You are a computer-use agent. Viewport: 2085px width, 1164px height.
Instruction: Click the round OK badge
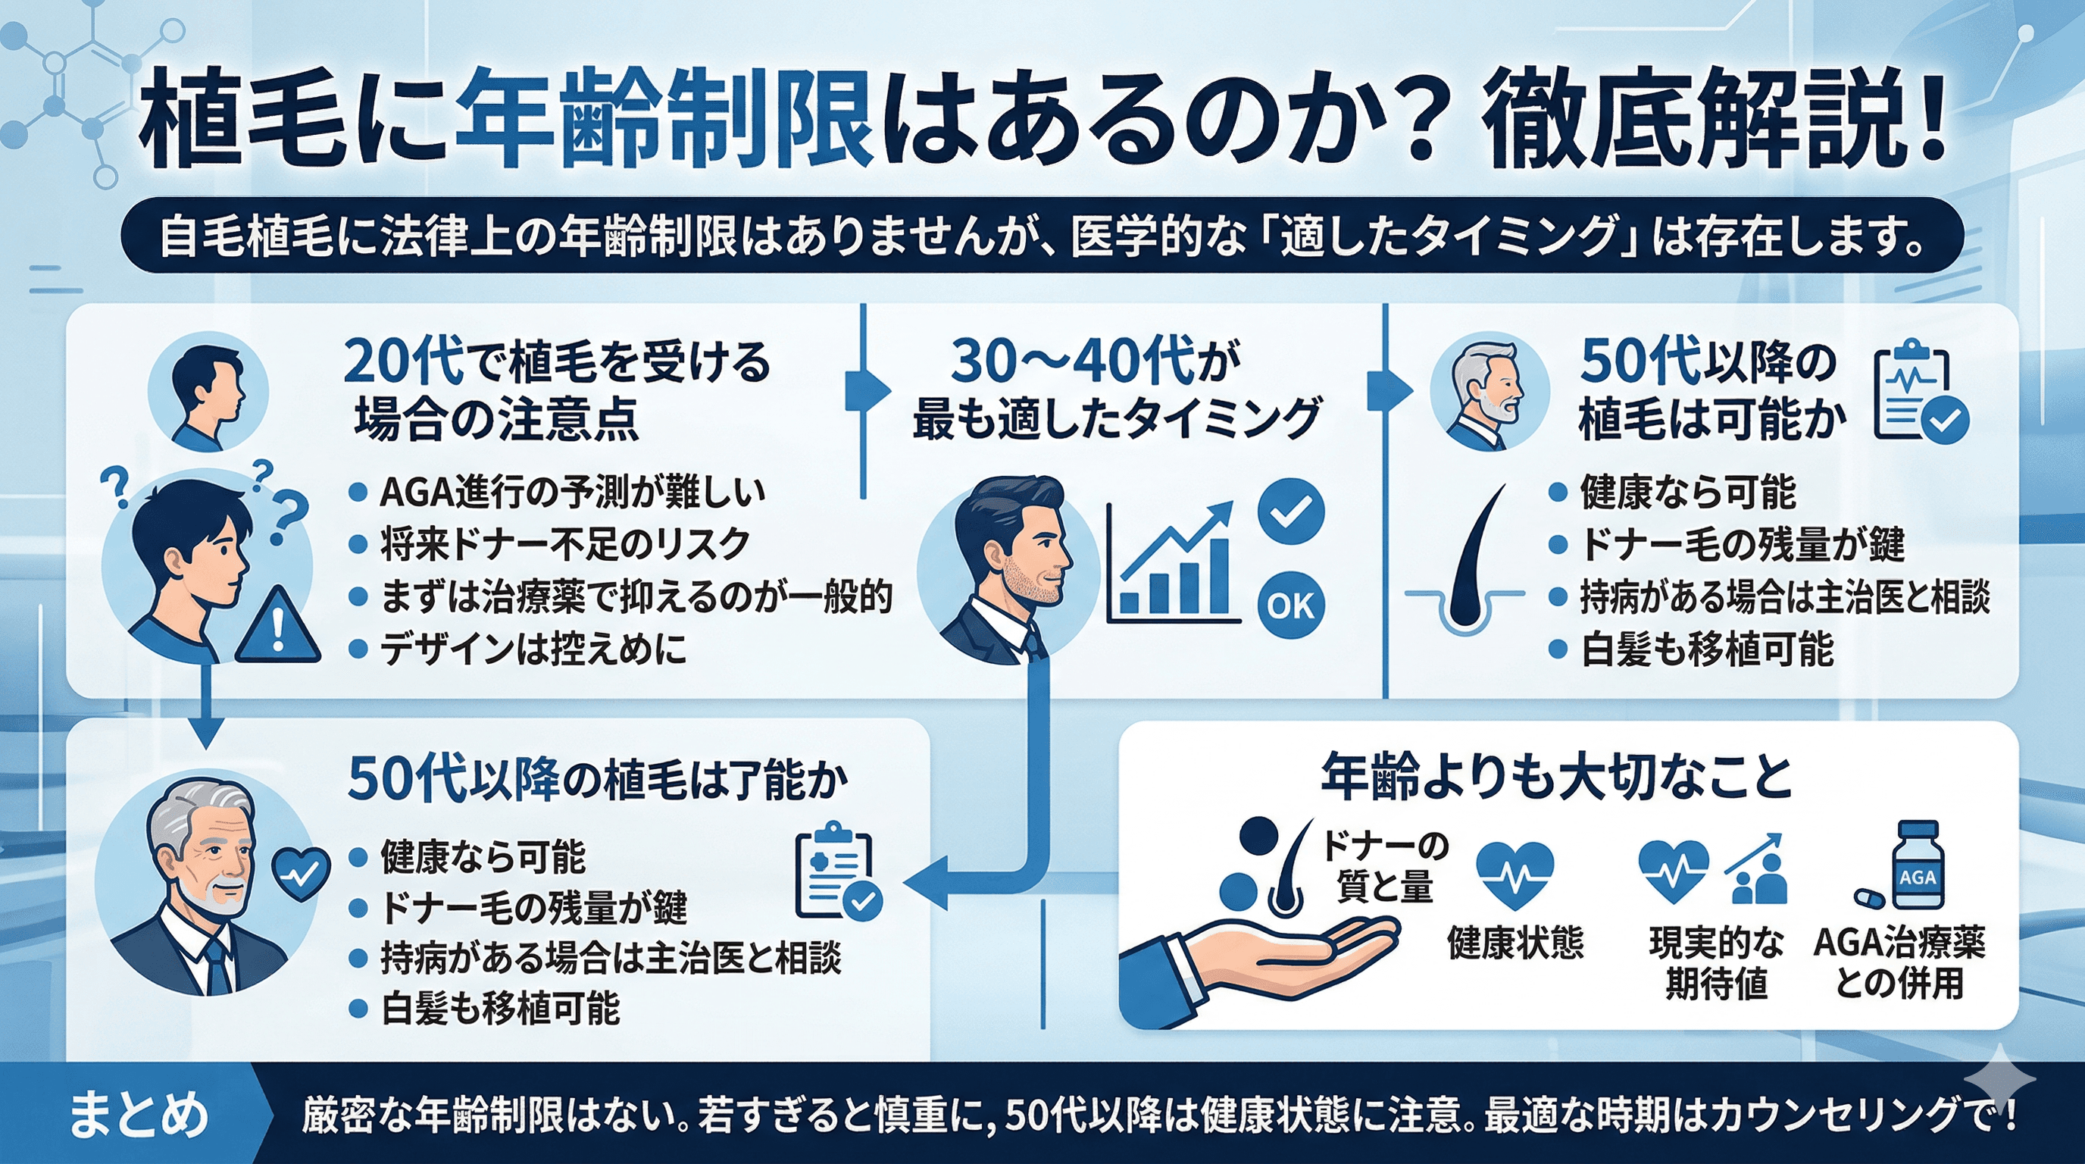(1291, 605)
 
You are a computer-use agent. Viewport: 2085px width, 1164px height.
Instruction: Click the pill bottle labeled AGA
(1918, 866)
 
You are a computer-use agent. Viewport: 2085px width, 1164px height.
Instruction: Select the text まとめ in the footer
(138, 1115)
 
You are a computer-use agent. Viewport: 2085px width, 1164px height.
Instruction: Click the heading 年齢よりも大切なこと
(1556, 777)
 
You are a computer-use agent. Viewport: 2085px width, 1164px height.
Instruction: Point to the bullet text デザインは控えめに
(533, 649)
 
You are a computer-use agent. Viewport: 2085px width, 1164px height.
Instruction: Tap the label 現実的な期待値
(1716, 963)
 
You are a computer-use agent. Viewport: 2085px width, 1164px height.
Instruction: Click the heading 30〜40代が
(1095, 361)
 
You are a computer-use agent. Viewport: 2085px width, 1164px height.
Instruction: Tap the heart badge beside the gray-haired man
(300, 875)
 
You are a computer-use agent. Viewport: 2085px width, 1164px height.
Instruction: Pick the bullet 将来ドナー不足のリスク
(564, 544)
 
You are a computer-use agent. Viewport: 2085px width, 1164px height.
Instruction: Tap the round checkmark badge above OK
(1291, 512)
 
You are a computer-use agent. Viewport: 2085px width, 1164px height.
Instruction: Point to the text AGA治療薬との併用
(1899, 963)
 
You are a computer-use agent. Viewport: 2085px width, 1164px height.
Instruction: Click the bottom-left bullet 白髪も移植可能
(499, 1009)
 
